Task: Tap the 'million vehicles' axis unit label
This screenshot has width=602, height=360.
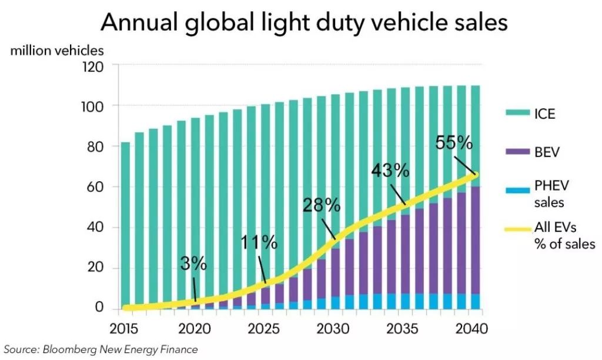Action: coord(57,51)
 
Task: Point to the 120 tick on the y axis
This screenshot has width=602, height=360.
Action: coord(92,66)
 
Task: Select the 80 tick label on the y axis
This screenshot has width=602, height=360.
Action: coord(95,146)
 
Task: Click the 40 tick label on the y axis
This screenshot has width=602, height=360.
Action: coord(95,228)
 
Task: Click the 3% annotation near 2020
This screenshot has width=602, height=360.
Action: coord(193,264)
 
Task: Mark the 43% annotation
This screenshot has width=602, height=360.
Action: coord(390,171)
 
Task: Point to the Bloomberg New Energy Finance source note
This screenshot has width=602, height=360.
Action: coord(100,349)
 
